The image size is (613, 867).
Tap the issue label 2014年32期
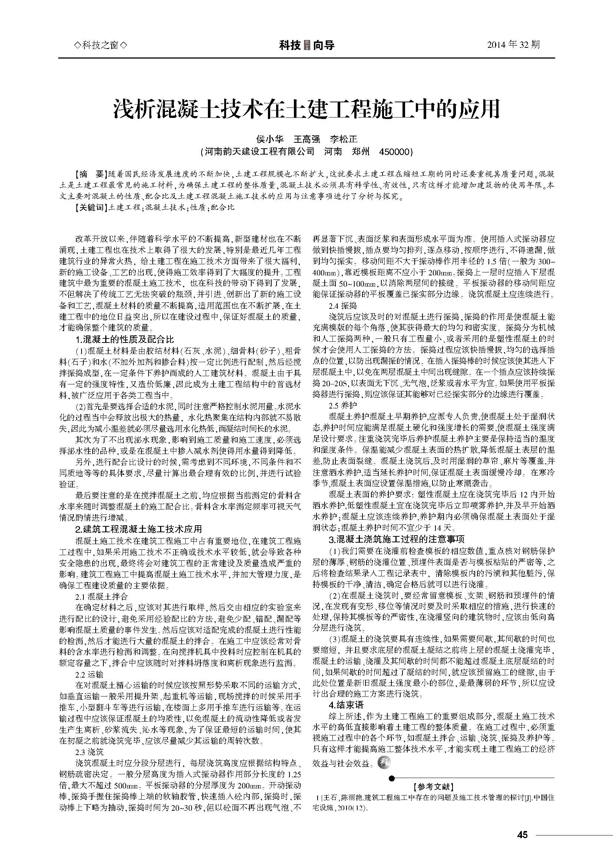(513, 45)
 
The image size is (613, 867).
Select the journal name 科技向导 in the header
(306, 46)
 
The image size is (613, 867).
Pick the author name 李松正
(344, 139)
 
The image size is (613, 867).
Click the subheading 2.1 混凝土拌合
(102, 597)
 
